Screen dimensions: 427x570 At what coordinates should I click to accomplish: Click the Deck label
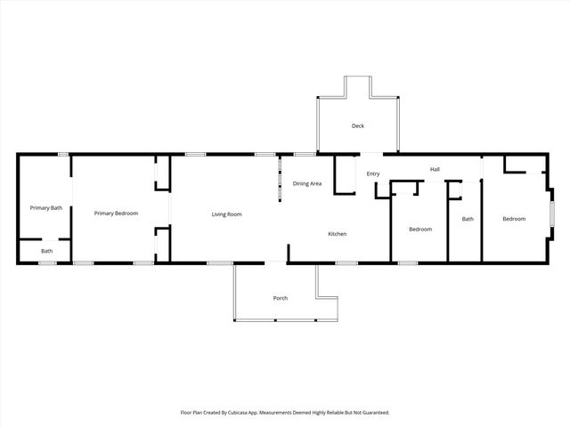tap(358, 126)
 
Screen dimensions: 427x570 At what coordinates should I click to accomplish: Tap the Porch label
tap(281, 297)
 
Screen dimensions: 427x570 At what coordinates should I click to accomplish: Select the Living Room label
tap(226, 214)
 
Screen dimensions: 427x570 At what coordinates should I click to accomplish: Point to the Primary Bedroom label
tap(117, 213)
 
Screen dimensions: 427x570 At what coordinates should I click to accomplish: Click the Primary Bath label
tap(45, 208)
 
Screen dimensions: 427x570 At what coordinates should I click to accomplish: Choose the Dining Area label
tap(307, 183)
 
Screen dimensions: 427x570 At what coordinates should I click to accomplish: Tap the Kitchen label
tap(337, 234)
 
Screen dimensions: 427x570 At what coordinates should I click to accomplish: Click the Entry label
tap(373, 173)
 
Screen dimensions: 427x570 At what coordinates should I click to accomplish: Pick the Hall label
tap(435, 169)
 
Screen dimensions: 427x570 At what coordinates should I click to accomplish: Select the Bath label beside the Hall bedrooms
tap(468, 219)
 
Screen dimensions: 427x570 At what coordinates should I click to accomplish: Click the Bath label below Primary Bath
tap(46, 251)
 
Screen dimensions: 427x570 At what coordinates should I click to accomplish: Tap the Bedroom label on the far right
tap(514, 219)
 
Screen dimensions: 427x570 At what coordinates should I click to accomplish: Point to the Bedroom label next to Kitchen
tap(420, 230)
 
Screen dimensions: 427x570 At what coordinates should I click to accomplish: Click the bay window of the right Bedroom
tap(552, 213)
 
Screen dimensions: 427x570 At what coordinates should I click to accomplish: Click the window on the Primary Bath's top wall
tap(64, 155)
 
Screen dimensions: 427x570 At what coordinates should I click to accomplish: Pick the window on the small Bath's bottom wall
tap(47, 262)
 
